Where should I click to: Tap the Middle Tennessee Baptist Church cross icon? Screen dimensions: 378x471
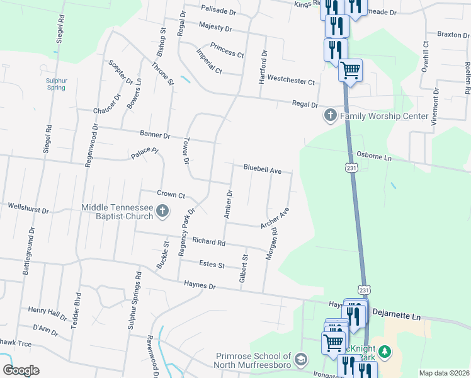coord(162,211)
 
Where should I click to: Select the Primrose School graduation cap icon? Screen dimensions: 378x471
coord(301,358)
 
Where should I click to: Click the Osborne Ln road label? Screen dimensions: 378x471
coord(374,156)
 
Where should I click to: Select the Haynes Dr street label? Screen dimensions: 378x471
coord(200,285)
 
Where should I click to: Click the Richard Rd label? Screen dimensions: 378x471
coord(208,241)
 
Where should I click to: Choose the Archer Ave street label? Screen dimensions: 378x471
coord(275,218)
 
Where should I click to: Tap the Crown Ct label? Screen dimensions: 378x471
coord(171,195)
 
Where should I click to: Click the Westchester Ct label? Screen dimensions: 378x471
coord(290,81)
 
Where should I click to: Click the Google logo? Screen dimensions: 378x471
coord(21,370)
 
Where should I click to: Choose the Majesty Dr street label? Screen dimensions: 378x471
coord(215,28)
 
